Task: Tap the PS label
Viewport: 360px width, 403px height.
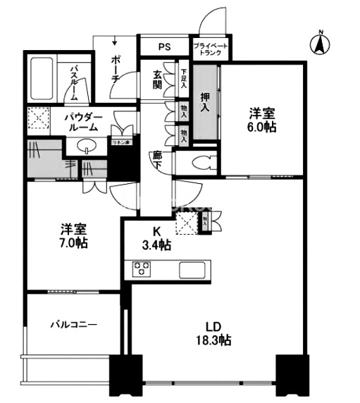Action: coord(164,47)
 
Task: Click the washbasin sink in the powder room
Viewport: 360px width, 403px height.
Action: coord(87,146)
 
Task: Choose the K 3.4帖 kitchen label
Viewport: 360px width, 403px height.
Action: coord(156,237)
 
